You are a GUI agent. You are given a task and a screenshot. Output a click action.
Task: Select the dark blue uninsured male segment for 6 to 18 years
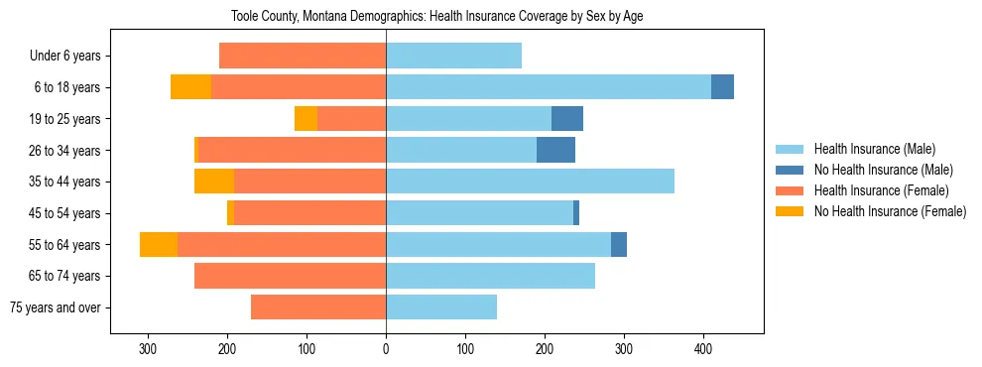(722, 87)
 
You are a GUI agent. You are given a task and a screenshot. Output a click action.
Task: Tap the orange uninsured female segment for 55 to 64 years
(159, 244)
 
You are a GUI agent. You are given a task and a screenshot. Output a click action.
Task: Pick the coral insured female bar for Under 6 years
(303, 56)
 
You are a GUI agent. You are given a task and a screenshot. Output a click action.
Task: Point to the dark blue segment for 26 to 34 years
(555, 150)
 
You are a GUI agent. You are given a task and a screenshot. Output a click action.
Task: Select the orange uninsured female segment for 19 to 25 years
(306, 118)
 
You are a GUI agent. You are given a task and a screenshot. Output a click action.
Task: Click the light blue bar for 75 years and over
(441, 307)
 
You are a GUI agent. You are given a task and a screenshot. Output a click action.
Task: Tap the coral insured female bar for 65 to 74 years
(290, 276)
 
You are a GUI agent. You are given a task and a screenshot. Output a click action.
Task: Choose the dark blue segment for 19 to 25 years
(567, 118)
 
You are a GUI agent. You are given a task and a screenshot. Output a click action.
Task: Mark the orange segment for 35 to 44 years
(214, 182)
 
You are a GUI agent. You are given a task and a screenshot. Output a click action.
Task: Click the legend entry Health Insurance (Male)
(873, 150)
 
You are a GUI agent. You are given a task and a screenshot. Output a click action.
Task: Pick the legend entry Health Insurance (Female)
(880, 190)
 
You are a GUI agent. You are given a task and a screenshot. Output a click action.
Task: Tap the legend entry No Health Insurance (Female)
(889, 211)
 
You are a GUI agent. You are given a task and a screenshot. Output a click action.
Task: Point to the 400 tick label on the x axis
(703, 349)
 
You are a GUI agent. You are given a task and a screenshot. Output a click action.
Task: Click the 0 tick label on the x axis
(386, 349)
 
